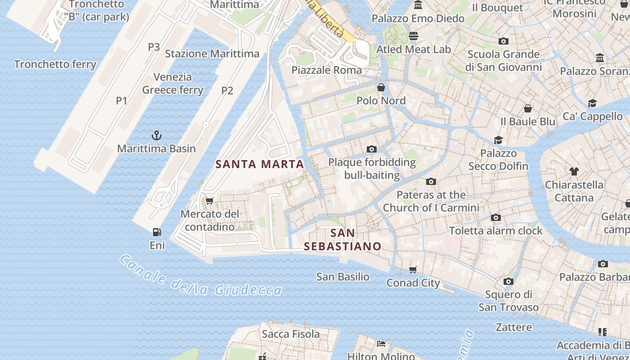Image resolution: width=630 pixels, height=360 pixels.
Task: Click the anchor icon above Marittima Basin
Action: point(156,135)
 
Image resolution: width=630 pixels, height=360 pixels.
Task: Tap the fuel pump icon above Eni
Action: point(157,232)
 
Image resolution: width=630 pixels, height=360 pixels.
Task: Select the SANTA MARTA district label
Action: point(260,164)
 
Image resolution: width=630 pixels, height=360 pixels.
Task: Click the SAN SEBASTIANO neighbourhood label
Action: point(342,240)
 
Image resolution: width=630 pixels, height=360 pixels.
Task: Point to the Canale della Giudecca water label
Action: point(201,276)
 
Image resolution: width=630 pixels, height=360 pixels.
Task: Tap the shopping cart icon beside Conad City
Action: point(413,270)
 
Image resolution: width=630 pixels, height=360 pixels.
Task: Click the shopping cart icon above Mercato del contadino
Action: point(209,201)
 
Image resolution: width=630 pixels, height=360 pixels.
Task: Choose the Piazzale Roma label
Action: point(326,70)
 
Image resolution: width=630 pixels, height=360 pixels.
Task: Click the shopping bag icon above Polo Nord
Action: point(381,87)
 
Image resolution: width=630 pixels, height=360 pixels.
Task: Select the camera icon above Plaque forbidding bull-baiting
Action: point(371,149)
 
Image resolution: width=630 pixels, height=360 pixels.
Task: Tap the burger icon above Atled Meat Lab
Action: point(413,36)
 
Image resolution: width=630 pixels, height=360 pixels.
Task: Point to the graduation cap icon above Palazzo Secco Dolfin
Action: point(498,140)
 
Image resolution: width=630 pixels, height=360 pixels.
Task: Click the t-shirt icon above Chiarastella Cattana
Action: point(574,171)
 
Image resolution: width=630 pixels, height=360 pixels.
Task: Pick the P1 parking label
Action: point(121,101)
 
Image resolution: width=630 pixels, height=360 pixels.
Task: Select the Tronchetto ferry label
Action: point(55,64)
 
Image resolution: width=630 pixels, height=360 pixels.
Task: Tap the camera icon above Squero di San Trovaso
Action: point(508,282)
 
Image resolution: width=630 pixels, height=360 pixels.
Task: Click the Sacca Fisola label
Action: point(291,334)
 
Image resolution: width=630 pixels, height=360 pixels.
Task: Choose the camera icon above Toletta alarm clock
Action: point(495,218)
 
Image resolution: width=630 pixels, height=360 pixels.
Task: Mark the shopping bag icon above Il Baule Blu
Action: point(527,108)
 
